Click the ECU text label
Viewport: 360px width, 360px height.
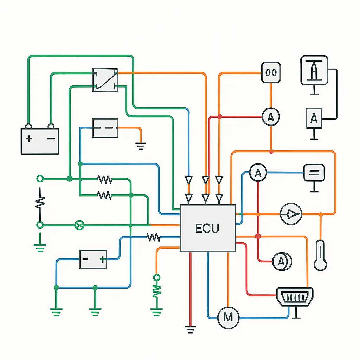click(x=207, y=229)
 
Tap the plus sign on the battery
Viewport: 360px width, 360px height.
click(x=29, y=139)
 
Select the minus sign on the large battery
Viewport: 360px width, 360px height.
click(x=51, y=139)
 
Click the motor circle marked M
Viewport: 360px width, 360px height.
click(x=228, y=317)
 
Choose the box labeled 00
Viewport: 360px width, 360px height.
click(x=271, y=73)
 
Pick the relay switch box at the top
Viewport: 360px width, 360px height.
click(x=105, y=80)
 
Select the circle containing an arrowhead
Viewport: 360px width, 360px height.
click(x=291, y=214)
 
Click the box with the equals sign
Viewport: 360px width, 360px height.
click(x=314, y=173)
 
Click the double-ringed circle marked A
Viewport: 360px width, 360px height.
click(x=282, y=261)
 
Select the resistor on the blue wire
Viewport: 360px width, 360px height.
click(x=153, y=238)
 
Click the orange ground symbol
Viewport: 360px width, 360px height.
click(x=141, y=146)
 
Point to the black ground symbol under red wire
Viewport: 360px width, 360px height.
click(x=190, y=330)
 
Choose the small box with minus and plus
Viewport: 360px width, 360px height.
click(x=93, y=259)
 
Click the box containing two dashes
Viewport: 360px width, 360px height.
click(x=105, y=128)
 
